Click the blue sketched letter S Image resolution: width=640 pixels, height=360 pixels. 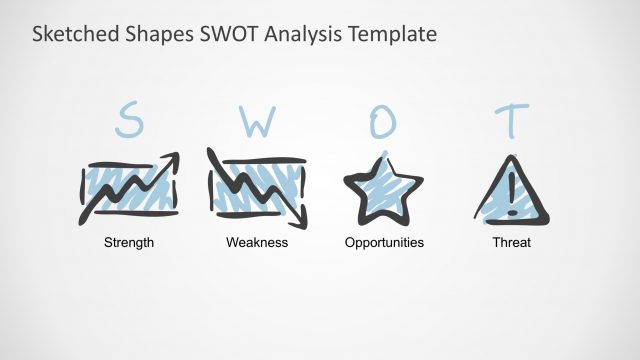129,121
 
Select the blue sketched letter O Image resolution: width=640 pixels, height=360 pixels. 384,121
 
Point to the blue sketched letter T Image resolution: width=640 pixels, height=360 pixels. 511,120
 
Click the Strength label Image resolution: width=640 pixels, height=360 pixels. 129,243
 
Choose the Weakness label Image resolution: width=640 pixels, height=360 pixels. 257,243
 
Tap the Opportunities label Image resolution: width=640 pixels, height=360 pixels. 384,243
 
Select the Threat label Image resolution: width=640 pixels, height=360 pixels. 511,243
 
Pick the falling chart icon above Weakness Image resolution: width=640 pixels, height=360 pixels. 257,187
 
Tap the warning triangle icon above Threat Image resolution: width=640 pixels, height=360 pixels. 511,190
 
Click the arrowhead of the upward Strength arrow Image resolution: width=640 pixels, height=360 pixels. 172,159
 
